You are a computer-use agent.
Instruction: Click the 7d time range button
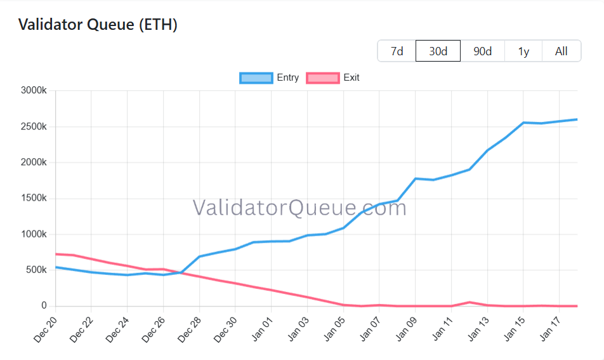pyautogui.click(x=397, y=51)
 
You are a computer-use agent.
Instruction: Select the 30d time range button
pyautogui.click(x=438, y=51)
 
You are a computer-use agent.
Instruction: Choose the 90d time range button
pyautogui.click(x=482, y=51)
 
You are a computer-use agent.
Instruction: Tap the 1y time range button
pyautogui.click(x=523, y=51)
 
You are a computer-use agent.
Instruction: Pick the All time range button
pyautogui.click(x=561, y=51)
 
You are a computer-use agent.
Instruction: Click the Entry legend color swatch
pyautogui.click(x=256, y=78)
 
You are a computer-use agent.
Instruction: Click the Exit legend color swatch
pyautogui.click(x=322, y=78)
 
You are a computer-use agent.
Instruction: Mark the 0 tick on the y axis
pyautogui.click(x=44, y=306)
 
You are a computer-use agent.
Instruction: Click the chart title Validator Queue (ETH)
pyautogui.click(x=98, y=25)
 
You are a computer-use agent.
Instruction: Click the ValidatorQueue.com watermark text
pyautogui.click(x=299, y=207)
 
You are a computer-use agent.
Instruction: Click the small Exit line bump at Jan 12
pyautogui.click(x=469, y=302)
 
